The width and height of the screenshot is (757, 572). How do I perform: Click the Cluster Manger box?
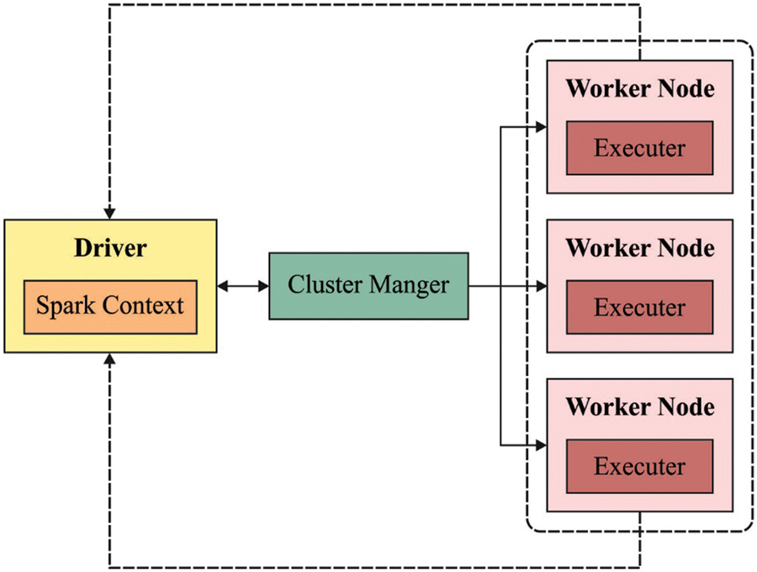coord(368,286)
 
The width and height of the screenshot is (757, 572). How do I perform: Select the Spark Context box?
coord(110,306)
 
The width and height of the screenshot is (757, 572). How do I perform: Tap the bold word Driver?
coord(109,248)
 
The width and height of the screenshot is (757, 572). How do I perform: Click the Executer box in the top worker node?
coord(639,148)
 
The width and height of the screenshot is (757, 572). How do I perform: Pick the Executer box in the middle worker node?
coord(639,307)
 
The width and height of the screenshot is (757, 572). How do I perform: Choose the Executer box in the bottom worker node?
coord(639,466)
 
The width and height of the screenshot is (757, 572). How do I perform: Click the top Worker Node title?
coord(639,88)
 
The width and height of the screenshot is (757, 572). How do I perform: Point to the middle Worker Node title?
coord(639,248)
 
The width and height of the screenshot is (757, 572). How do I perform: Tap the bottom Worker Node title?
coord(639,407)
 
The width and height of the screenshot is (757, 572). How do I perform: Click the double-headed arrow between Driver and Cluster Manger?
coord(242,287)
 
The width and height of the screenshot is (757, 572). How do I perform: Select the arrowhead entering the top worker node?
coord(541,128)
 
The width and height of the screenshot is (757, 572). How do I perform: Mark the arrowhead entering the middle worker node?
coord(541,287)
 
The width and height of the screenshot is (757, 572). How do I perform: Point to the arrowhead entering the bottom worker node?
coord(541,445)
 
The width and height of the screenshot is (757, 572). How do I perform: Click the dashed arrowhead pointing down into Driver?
coord(109,213)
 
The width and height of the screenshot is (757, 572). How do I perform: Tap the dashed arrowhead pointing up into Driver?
coord(109,358)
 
